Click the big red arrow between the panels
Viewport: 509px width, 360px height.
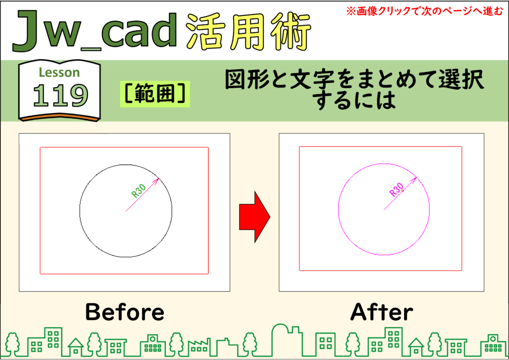(254, 217)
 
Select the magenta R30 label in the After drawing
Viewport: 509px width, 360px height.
(396, 189)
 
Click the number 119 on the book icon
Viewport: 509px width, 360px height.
(60, 95)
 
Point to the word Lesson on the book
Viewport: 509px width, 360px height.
(59, 73)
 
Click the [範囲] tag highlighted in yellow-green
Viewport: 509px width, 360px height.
(155, 94)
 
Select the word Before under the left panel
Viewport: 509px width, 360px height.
(125, 312)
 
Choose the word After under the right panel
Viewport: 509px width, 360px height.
(381, 312)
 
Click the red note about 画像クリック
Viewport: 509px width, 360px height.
(424, 11)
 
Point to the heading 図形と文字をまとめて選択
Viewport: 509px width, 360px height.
(354, 80)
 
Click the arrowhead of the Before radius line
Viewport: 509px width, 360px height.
(157, 180)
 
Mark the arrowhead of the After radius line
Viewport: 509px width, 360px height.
(414, 180)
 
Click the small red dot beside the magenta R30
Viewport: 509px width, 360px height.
(403, 191)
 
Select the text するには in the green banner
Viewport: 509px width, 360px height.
(354, 100)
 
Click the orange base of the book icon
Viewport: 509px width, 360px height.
(60, 117)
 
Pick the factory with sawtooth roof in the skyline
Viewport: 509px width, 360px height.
(198, 347)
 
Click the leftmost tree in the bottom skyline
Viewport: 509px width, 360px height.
(13, 344)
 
